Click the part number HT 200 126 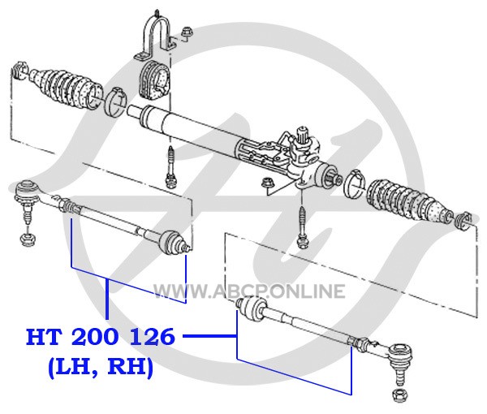coord(101,337)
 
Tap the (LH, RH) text coord(101,368)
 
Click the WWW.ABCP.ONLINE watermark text coord(249,291)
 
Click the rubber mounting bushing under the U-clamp coord(153,80)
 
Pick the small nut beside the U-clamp coord(187,33)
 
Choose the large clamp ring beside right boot coord(354,184)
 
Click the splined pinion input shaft coord(303,136)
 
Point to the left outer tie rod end coord(31,198)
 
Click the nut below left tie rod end coord(28,239)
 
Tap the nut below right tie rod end coord(399,395)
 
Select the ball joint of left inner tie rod coord(173,241)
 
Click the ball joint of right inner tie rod coord(252,309)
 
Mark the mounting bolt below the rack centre coord(170,167)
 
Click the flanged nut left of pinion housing coord(267,183)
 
